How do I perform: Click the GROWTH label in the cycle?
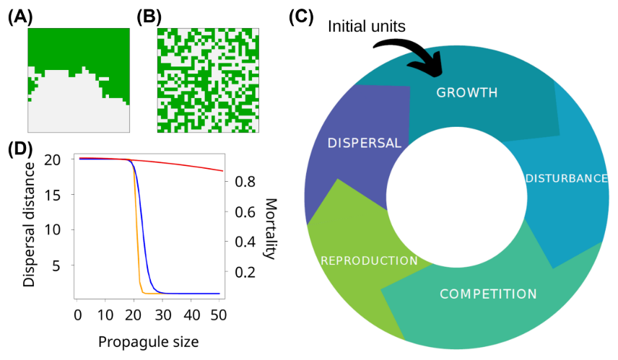(x=467, y=92)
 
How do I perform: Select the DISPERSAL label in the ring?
(x=364, y=143)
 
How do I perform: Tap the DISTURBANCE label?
(x=567, y=178)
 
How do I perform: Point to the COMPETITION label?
(x=489, y=294)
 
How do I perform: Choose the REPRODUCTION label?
(x=370, y=260)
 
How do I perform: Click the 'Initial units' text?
(x=367, y=27)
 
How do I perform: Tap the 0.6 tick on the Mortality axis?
(x=245, y=212)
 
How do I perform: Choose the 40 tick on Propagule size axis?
(x=191, y=315)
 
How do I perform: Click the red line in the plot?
(x=188, y=164)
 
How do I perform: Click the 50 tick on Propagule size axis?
(x=219, y=315)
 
